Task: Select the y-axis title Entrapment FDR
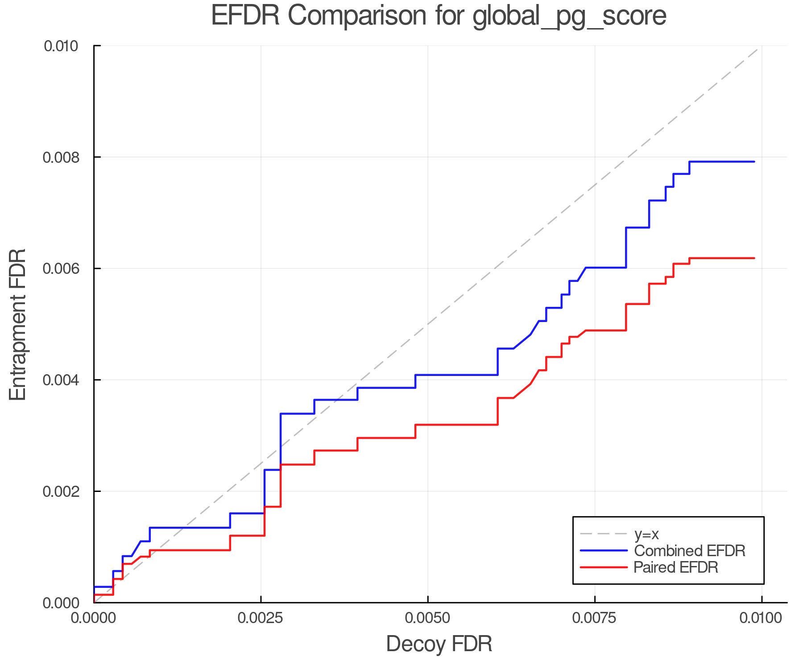[x=18, y=324]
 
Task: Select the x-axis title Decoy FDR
[x=439, y=644]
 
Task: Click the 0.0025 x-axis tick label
[x=261, y=618]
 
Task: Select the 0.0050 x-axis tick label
[x=428, y=618]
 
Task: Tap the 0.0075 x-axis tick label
[x=595, y=618]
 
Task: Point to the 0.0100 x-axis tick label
[x=761, y=618]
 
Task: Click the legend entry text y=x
[x=646, y=534]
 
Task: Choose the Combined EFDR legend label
[x=689, y=551]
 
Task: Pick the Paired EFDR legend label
[x=676, y=567]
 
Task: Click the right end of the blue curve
[x=753, y=161]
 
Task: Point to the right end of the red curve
[x=753, y=258]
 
